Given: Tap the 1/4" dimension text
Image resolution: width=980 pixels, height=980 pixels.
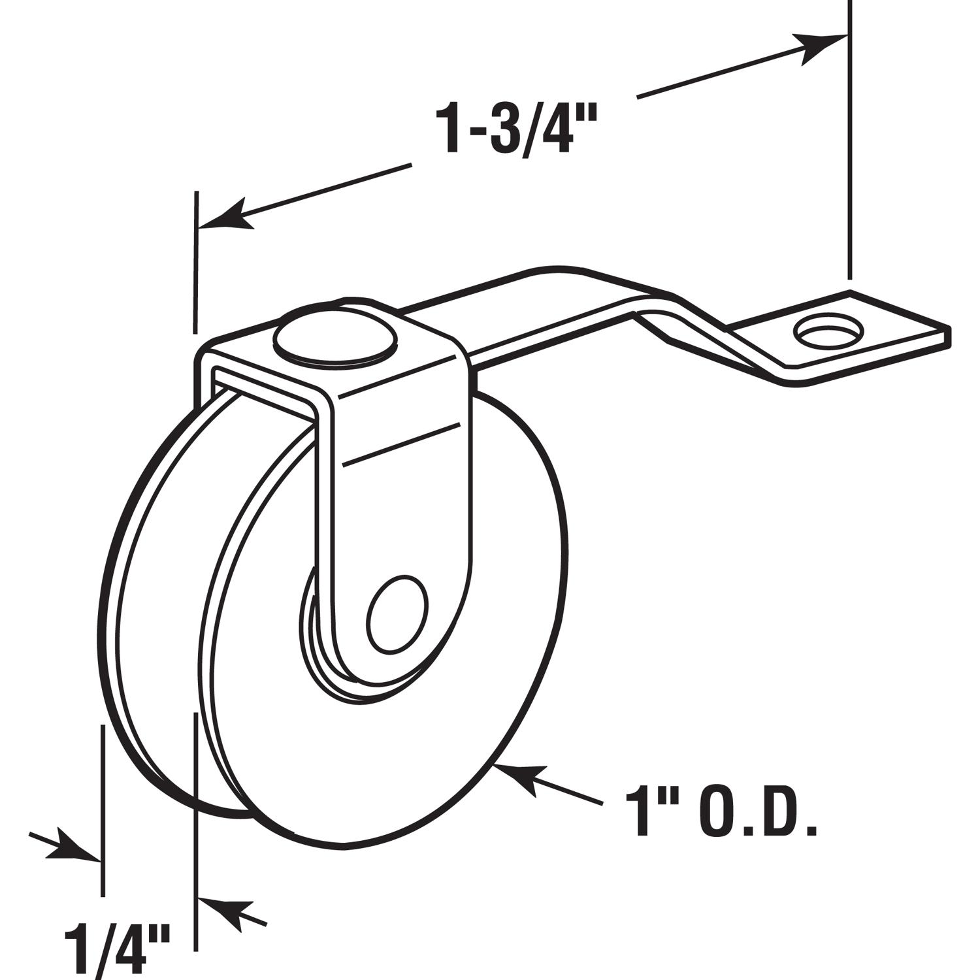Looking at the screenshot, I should [x=118, y=946].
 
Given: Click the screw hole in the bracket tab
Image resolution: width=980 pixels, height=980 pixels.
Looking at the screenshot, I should [x=827, y=333].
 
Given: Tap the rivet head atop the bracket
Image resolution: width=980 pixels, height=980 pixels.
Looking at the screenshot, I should [x=335, y=340].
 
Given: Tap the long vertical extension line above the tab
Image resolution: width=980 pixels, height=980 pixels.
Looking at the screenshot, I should [x=849, y=144].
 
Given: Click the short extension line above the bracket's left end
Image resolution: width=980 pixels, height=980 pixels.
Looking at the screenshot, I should [x=195, y=261].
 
